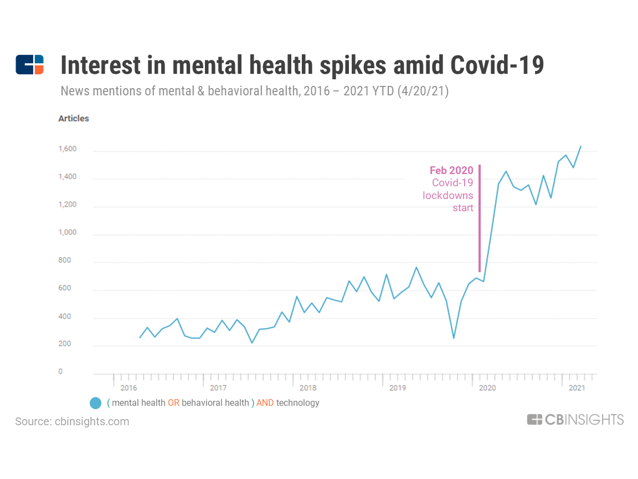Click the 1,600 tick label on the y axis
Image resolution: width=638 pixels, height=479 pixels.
(67, 150)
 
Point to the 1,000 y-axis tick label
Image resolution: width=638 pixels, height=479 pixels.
(67, 233)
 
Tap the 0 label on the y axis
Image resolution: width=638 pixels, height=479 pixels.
(61, 371)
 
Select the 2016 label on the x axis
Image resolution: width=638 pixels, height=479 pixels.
(128, 388)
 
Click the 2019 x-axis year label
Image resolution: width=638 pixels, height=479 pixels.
(397, 388)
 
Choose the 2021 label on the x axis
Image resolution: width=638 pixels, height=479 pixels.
(577, 388)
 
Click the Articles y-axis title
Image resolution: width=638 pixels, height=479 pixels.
(74, 118)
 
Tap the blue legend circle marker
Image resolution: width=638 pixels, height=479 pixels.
(95, 403)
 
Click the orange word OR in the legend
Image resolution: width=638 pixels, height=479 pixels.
(173, 403)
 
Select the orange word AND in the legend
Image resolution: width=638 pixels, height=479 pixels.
(265, 403)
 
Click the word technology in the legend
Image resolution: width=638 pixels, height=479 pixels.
(298, 403)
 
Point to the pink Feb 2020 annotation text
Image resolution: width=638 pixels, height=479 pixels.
(451, 171)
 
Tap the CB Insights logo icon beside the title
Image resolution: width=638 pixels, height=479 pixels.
(29, 65)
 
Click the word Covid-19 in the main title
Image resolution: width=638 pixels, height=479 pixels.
(497, 65)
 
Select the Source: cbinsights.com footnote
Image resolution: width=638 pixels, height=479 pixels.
(72, 421)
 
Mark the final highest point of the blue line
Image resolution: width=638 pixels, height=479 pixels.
(580, 146)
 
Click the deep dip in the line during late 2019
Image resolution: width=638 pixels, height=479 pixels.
(454, 338)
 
